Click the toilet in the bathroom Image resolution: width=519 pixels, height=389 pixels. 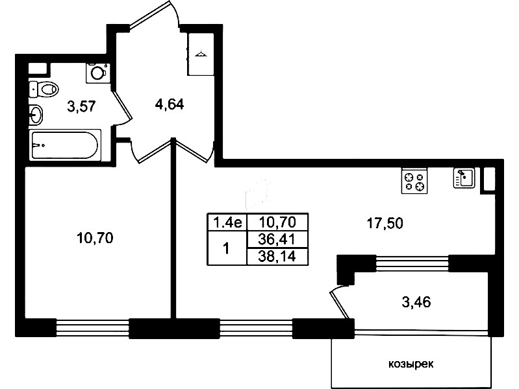click(44, 89)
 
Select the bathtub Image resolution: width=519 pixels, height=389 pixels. click(65, 145)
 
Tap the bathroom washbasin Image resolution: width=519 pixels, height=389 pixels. click(36, 115)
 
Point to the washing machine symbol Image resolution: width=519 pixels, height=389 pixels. click(97, 73)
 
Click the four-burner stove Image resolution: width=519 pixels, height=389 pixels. click(414, 181)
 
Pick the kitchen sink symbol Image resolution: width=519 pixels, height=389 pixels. click(464, 178)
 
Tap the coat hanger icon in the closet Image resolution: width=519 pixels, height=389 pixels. click(201, 54)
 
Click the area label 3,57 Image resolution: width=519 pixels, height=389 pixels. click(81, 107)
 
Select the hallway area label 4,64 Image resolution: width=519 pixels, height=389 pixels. click(169, 105)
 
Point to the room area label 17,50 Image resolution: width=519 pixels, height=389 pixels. click(385, 224)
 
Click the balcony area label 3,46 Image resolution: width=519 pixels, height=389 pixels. click(416, 302)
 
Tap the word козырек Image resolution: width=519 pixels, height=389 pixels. click(411, 364)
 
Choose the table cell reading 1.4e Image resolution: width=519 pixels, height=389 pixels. click(227, 222)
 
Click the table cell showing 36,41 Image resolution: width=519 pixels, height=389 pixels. click(277, 239)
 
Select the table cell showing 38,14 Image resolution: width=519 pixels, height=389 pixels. click(277, 256)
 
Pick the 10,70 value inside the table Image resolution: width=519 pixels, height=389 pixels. click(277, 222)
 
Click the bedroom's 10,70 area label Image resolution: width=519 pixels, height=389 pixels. click(95, 238)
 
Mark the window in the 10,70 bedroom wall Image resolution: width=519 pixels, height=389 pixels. click(92, 327)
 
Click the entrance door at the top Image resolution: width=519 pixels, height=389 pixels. click(154, 14)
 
